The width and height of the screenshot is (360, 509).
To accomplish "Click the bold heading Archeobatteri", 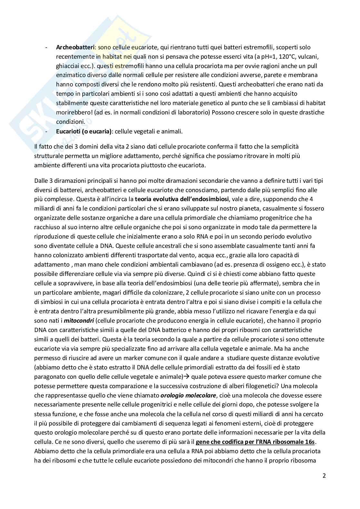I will [x=75, y=47].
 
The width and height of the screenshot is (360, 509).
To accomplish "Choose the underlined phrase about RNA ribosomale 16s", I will [x=255, y=442].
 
